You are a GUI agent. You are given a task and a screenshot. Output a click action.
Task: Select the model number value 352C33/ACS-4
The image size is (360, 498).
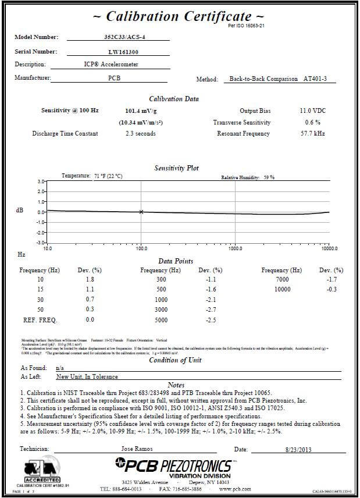(118, 37)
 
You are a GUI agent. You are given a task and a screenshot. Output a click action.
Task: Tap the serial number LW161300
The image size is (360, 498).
(118, 52)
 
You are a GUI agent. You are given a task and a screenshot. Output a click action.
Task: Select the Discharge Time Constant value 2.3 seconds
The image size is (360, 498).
(141, 134)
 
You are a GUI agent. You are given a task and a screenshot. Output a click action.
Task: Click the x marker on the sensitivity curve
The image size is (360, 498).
(141, 212)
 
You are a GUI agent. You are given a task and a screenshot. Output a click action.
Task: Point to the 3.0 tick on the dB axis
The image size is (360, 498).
(41, 182)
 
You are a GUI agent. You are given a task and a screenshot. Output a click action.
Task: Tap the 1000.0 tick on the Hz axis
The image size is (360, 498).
(235, 248)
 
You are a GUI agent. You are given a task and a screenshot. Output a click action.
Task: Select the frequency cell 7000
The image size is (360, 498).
(282, 280)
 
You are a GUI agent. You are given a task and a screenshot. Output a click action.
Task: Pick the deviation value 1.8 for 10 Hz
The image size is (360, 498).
(90, 280)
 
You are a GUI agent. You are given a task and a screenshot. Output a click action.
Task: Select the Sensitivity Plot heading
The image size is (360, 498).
(176, 168)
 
